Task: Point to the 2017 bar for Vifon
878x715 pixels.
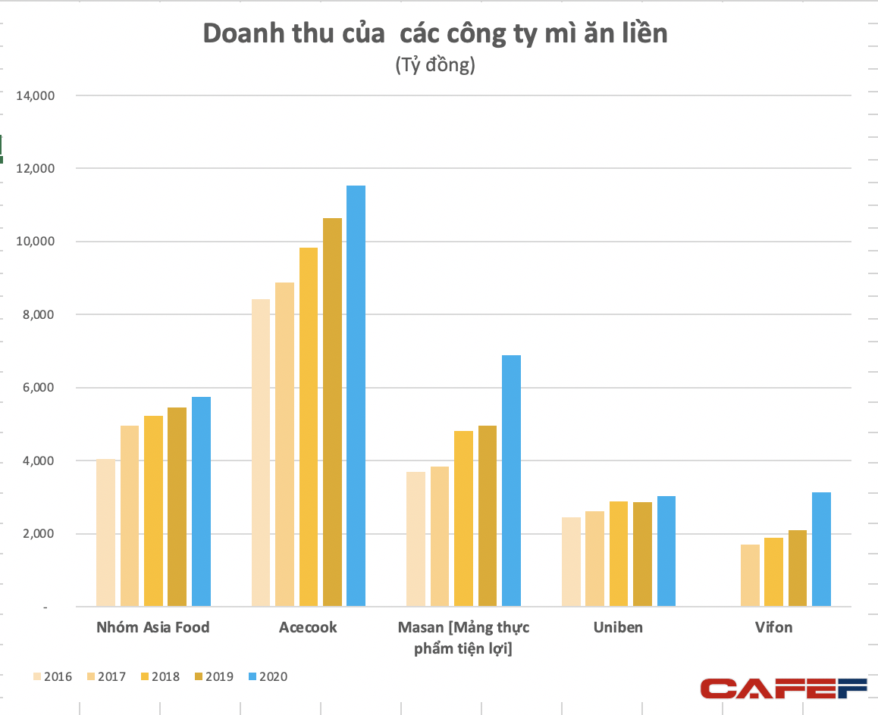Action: point(749,576)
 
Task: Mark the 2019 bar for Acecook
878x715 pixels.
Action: point(332,412)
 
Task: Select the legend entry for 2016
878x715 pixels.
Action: point(52,676)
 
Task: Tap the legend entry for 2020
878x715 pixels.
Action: point(268,676)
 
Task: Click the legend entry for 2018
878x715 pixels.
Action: point(160,676)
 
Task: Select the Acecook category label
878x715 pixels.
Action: point(308,628)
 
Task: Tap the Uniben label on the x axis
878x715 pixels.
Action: point(619,628)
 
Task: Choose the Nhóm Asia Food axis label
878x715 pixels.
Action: point(153,628)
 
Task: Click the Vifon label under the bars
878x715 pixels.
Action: point(773,628)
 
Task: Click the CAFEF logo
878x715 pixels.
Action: point(783,688)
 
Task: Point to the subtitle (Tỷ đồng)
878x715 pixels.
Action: point(434,66)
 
